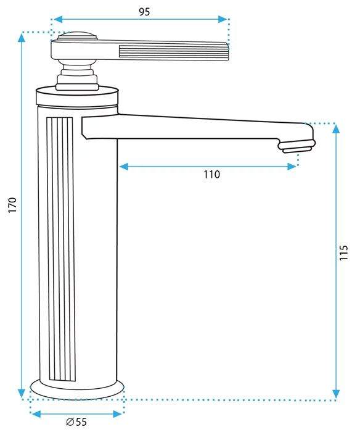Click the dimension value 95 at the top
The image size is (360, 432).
[x=144, y=12]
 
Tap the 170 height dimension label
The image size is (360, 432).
[x=13, y=205]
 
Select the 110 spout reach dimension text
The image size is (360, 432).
[x=211, y=175]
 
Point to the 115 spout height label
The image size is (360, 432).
[x=343, y=252]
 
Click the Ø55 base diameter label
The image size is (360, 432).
[x=76, y=422]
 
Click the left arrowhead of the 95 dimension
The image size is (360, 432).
[x=58, y=19]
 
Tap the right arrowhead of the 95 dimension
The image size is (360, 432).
[x=223, y=19]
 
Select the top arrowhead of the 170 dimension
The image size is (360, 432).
[x=22, y=38]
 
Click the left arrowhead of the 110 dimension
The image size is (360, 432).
[x=124, y=167]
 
